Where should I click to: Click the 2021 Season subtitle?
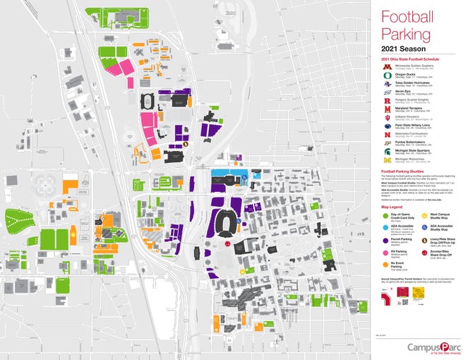pyautogui.click(x=401, y=48)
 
